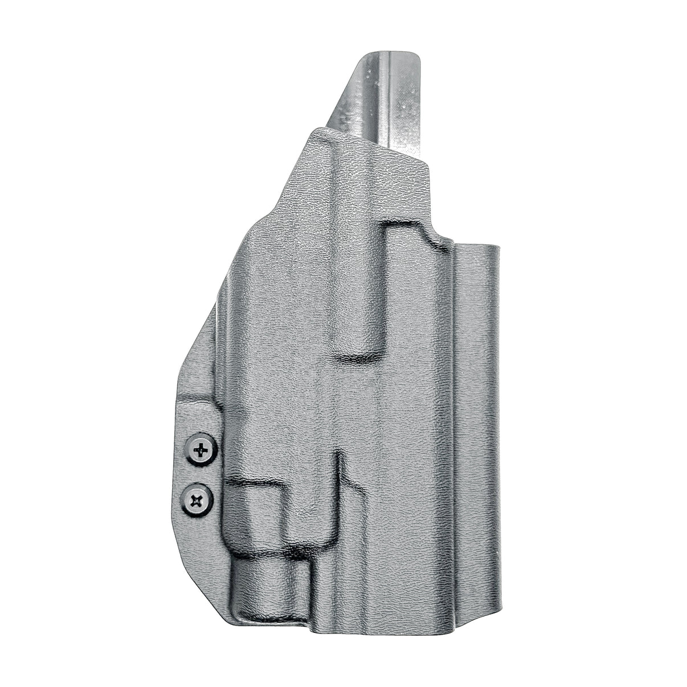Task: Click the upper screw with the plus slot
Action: [202, 451]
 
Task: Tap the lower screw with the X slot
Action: [197, 501]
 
